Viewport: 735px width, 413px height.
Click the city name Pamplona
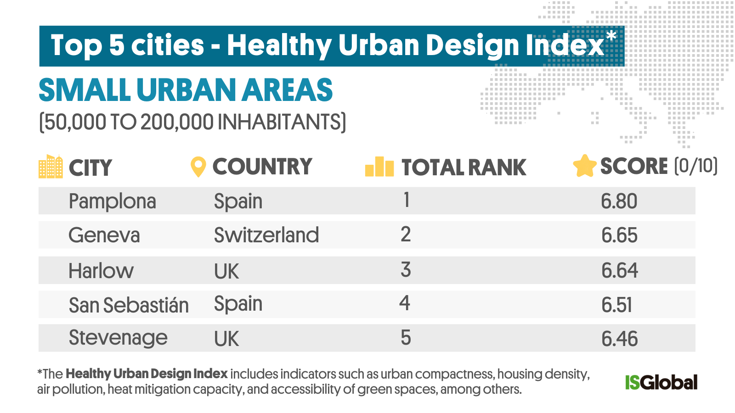[x=112, y=201]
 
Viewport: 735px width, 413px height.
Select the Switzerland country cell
[x=266, y=235]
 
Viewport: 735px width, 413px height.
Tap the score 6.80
[x=619, y=201]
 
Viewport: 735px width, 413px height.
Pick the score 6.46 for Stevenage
[x=619, y=339]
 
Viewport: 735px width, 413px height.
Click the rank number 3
[x=405, y=270]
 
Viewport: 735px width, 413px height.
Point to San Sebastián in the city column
[x=129, y=305]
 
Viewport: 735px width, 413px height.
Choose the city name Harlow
[x=101, y=271]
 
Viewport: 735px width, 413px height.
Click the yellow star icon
[x=584, y=166]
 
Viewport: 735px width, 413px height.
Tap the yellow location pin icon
[x=198, y=167]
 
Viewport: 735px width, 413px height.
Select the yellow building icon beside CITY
[x=51, y=167]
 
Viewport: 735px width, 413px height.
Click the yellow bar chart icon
[x=379, y=167]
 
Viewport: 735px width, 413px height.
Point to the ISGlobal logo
[x=661, y=382]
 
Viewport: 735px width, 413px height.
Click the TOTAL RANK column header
[x=464, y=167]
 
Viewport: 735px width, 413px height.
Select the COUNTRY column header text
[x=262, y=167]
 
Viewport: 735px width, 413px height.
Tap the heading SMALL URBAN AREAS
[x=186, y=90]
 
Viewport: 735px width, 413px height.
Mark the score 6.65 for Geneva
[x=619, y=235]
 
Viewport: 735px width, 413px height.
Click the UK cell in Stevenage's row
[x=226, y=339]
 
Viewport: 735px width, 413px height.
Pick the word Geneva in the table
[x=104, y=235]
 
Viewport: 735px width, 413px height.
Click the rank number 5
[x=405, y=338]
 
